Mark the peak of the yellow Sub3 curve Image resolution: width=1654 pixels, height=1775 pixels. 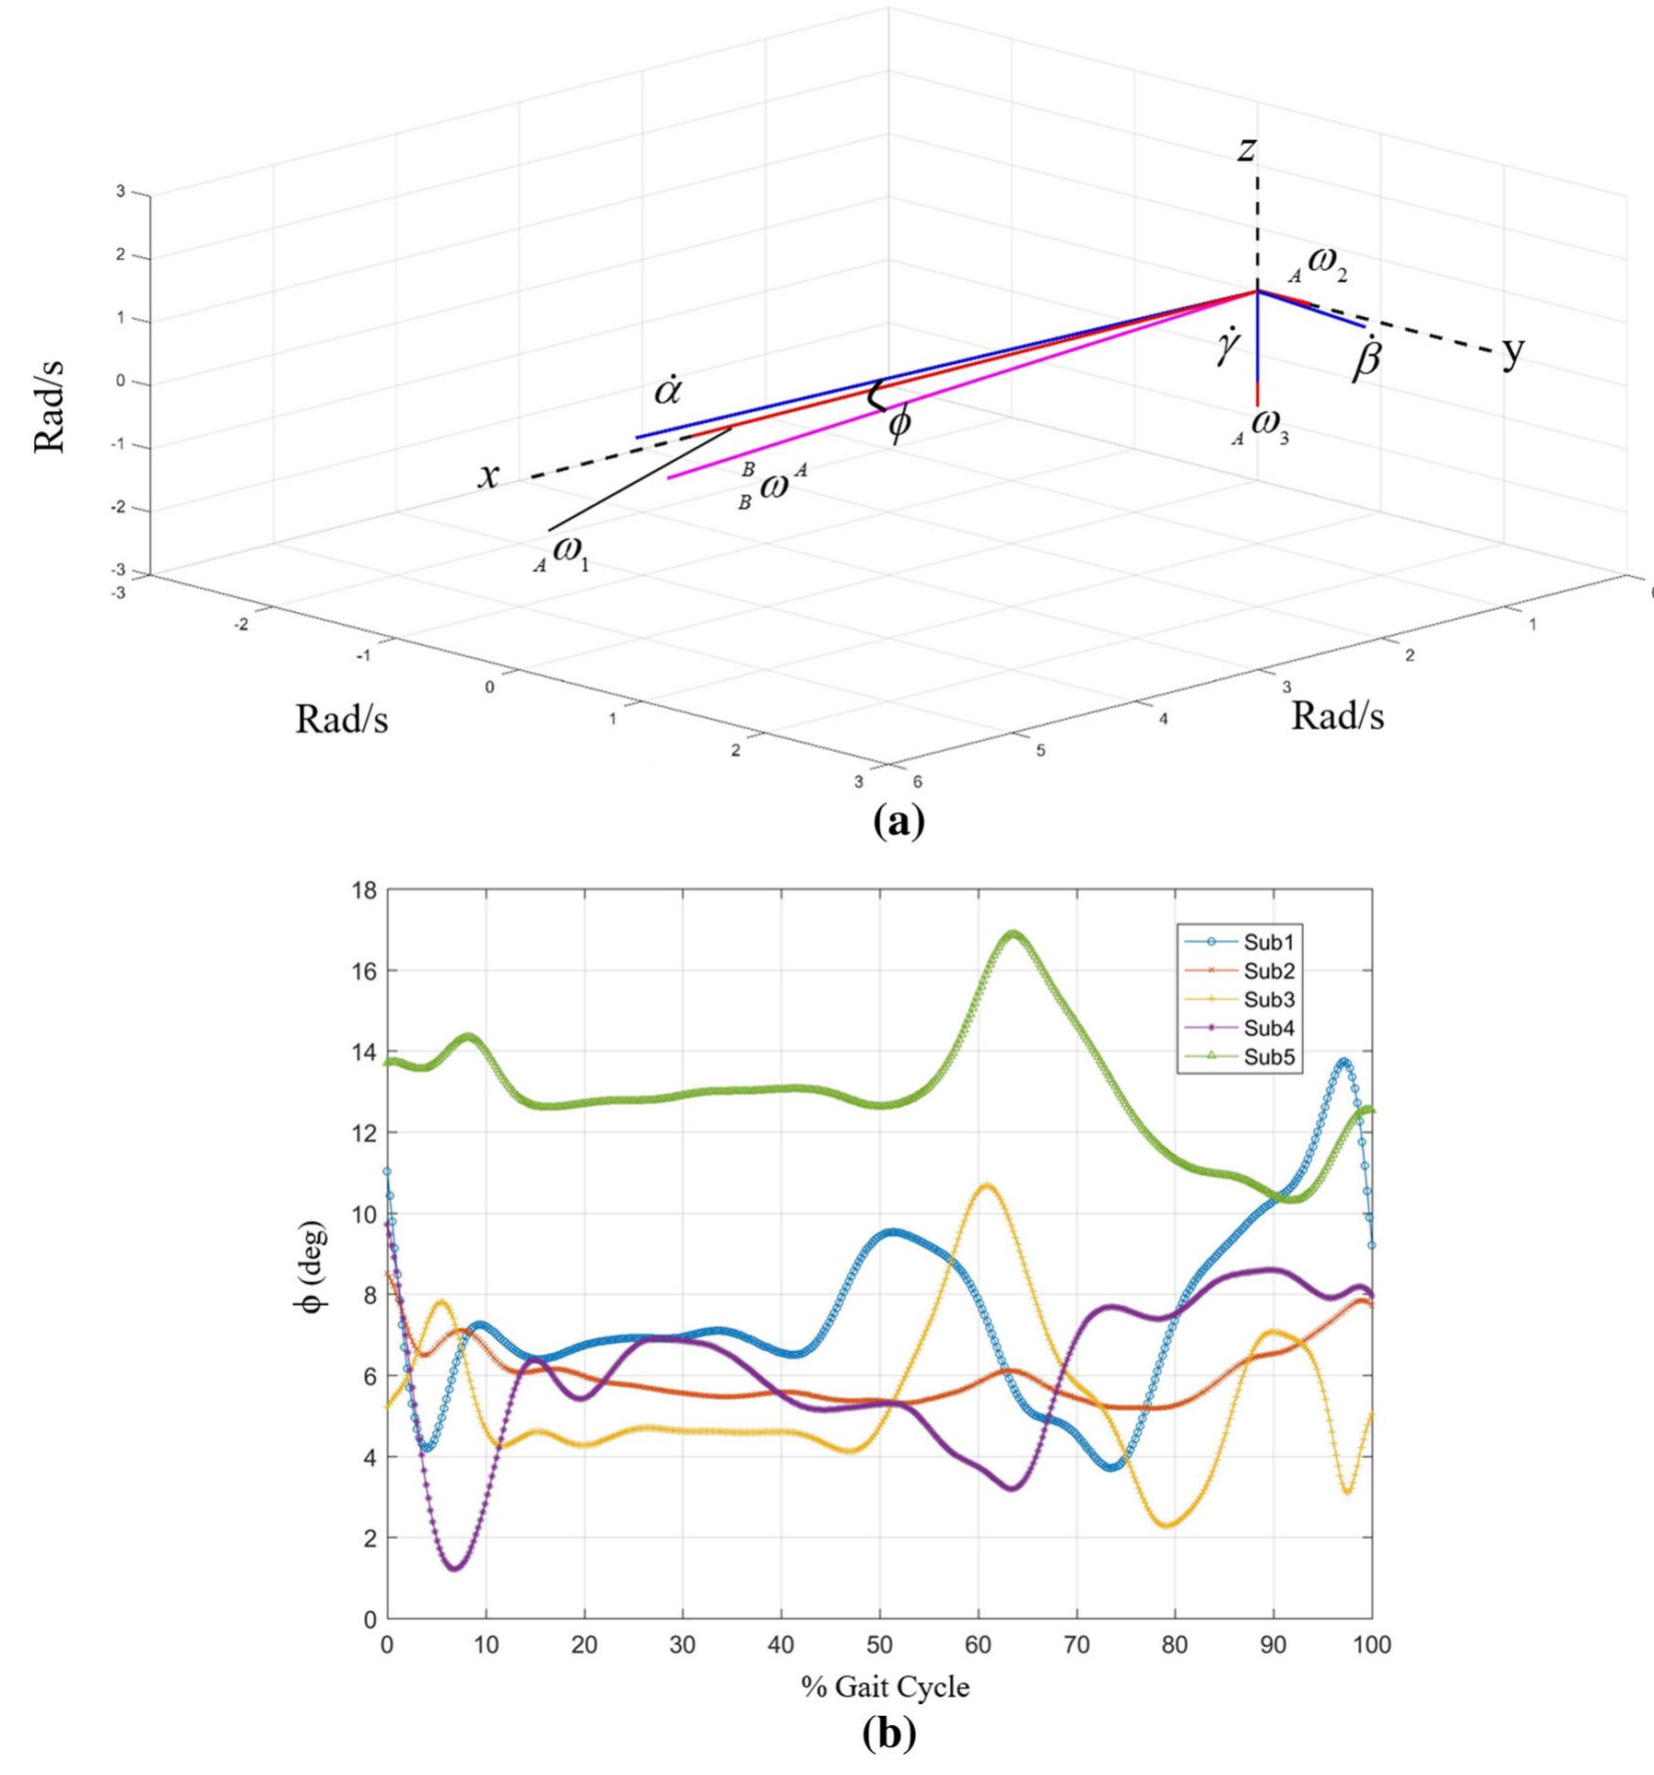(987, 1185)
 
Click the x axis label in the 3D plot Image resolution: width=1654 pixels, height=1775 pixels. (489, 475)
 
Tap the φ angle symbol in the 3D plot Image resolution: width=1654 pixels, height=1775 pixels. (898, 426)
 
